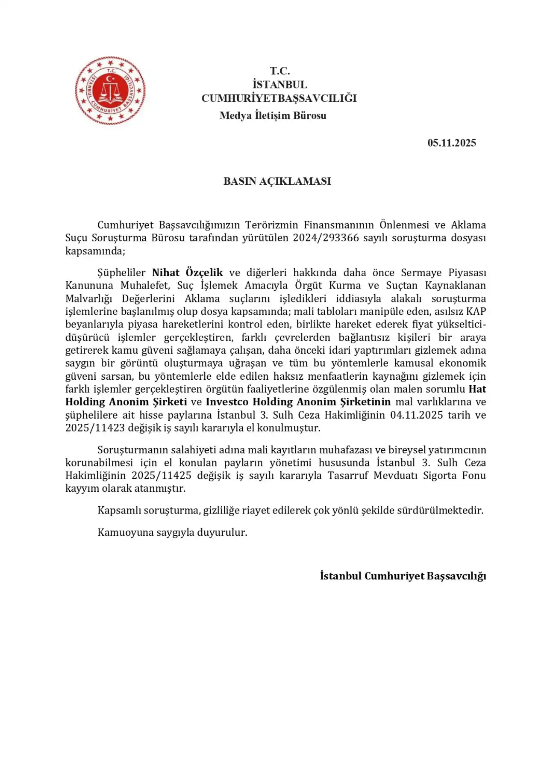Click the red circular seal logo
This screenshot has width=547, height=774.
tap(110, 91)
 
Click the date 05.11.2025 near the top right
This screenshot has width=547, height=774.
tap(451, 143)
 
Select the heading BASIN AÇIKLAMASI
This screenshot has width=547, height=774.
tap(277, 181)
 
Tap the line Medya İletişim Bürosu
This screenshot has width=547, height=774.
tap(273, 115)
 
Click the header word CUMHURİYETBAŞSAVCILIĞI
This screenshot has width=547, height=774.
tap(279, 98)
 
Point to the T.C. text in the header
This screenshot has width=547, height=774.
tap(280, 71)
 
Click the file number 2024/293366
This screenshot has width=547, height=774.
tap(326, 238)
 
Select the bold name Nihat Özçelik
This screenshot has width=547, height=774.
tap(188, 273)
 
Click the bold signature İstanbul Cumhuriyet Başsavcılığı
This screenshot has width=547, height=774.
tap(403, 576)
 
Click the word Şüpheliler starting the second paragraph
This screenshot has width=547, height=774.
tap(121, 273)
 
